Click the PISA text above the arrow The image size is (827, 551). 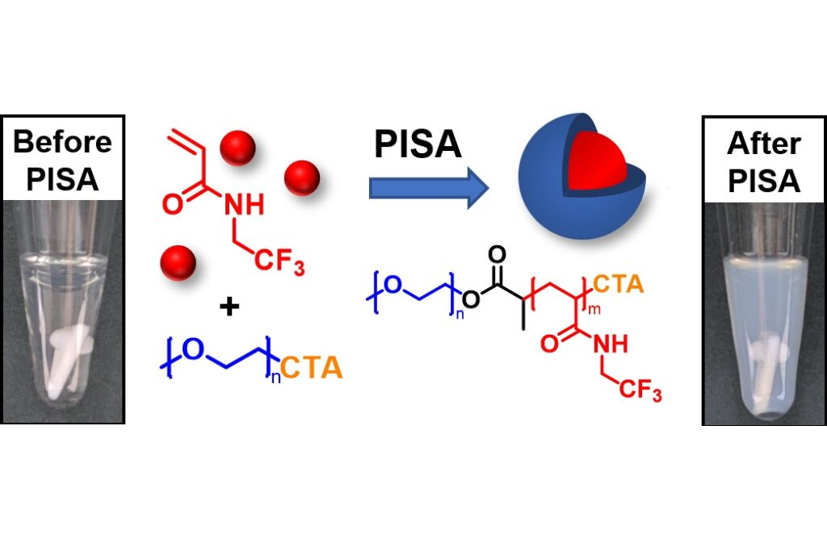(x=418, y=145)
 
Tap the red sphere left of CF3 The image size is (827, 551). (x=178, y=262)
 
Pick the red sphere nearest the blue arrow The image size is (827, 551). (x=302, y=177)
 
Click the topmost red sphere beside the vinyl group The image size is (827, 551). (x=237, y=147)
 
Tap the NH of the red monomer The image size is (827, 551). (x=244, y=205)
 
